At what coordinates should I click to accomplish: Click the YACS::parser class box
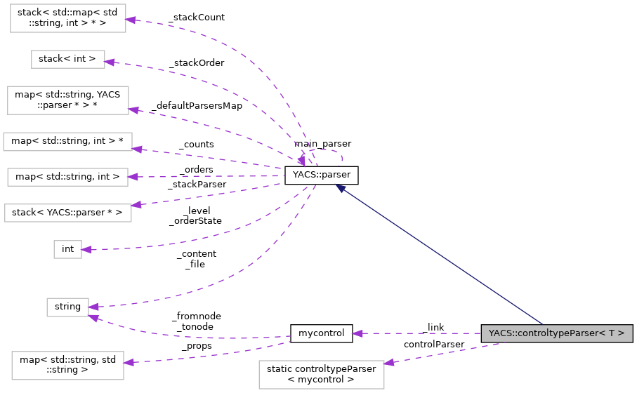[x=322, y=175]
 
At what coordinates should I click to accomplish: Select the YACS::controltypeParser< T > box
[x=556, y=333]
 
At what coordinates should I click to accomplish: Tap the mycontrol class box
[x=321, y=333]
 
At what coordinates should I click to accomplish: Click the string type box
[x=67, y=307]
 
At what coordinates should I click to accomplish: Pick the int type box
[x=67, y=249]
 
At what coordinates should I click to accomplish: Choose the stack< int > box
[x=67, y=59]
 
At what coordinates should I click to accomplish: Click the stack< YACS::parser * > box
[x=67, y=212]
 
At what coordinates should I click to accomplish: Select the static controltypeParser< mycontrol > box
[x=322, y=374]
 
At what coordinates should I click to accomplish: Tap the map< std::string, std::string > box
[x=67, y=365]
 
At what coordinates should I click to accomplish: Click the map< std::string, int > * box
[x=67, y=141]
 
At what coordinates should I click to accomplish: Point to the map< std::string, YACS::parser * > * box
[x=67, y=100]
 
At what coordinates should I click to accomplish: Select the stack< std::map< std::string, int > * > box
[x=67, y=18]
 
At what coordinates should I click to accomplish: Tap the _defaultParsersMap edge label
[x=196, y=106]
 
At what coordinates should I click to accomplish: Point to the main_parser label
[x=322, y=144]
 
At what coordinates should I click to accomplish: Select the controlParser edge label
[x=433, y=345]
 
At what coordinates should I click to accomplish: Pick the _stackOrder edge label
[x=197, y=63]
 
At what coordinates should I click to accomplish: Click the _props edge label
[x=196, y=346]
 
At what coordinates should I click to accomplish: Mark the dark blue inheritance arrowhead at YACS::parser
[x=341, y=187]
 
